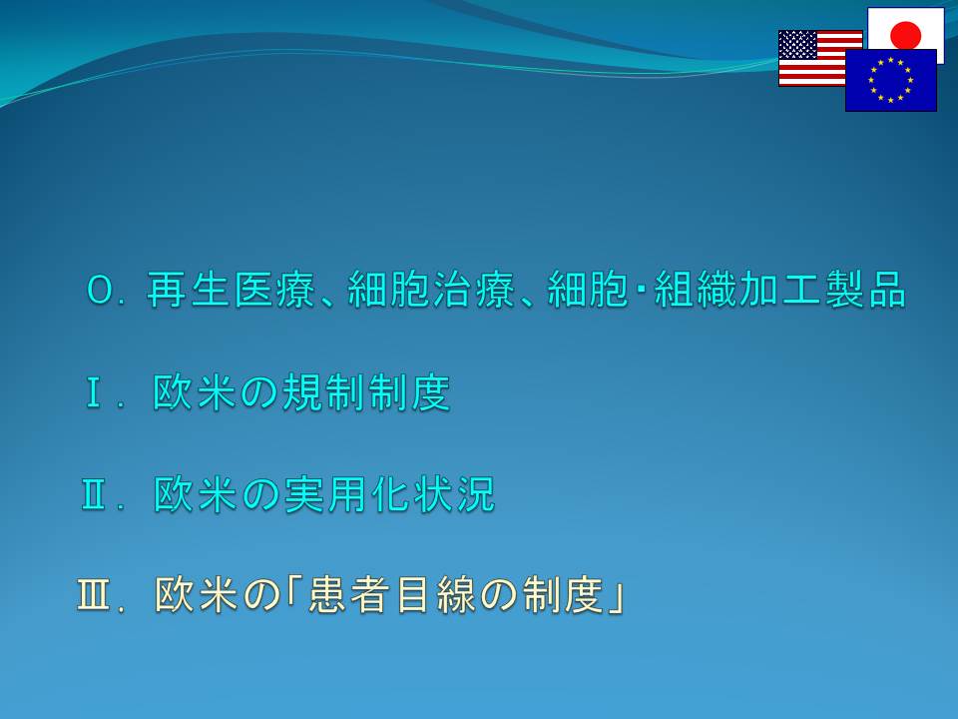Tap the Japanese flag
(905, 29)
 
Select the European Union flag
(891, 80)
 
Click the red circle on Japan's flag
(905, 34)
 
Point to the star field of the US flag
(797, 45)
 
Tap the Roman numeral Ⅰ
(94, 392)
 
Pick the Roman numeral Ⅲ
(94, 595)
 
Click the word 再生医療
(231, 290)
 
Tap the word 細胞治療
(431, 290)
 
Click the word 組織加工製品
(780, 290)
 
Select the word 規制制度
(366, 391)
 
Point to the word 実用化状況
(389, 494)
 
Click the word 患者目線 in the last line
(391, 594)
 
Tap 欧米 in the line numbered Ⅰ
(195, 391)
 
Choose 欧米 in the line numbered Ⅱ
(195, 494)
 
